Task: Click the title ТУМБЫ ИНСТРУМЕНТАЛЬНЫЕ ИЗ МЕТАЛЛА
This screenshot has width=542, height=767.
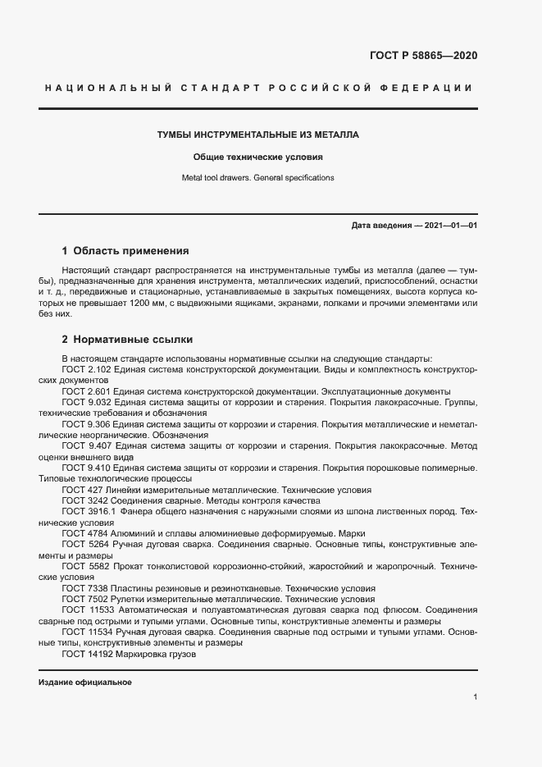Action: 258,135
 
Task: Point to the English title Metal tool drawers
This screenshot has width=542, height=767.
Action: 221,177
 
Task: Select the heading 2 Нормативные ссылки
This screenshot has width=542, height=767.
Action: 127,338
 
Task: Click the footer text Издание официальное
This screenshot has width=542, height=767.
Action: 85,683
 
